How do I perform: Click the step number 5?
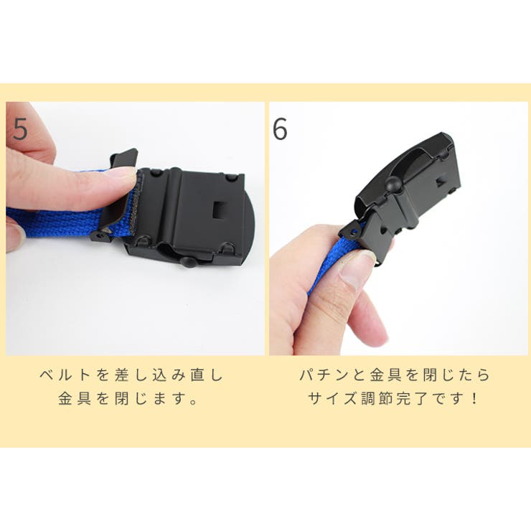pos(20,128)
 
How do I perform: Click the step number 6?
pos(280,128)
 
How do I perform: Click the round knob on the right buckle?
pos(393,184)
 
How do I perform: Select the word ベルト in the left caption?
pos(65,375)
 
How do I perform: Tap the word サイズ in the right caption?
pos(332,398)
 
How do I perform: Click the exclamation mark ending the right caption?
pos(474,398)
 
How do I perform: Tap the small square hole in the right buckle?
pos(441,182)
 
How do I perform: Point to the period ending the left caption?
pos(193,403)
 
